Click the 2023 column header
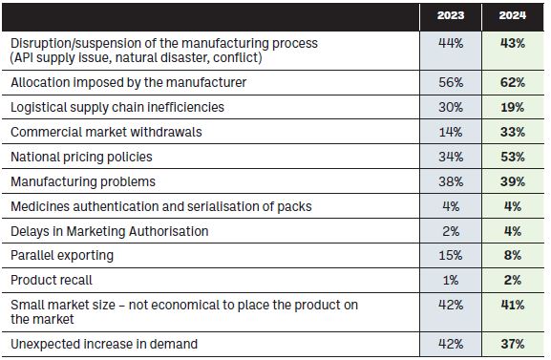(x=451, y=15)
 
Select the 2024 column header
(x=513, y=15)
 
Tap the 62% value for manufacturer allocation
(x=513, y=82)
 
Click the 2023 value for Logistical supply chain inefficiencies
(x=451, y=107)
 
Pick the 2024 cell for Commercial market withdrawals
(x=513, y=132)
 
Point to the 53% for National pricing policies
(x=513, y=157)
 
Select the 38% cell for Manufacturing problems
(x=451, y=181)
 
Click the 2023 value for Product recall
(x=451, y=280)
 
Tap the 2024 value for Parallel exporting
(x=513, y=255)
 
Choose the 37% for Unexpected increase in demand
(x=513, y=344)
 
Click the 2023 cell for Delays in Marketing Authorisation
(x=451, y=231)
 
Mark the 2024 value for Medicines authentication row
(x=513, y=206)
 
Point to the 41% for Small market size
(x=513, y=305)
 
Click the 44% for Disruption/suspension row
(x=451, y=43)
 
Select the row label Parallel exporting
(x=62, y=256)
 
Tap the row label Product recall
(x=52, y=280)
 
